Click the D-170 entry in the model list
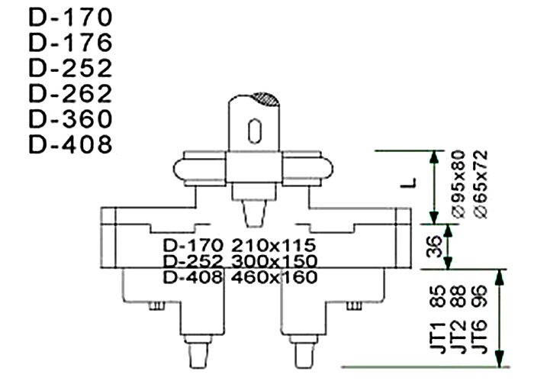(x=70, y=16)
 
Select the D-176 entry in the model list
(x=70, y=42)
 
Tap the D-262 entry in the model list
(x=70, y=94)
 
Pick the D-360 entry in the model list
(x=70, y=119)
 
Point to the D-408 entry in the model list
(x=70, y=144)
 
